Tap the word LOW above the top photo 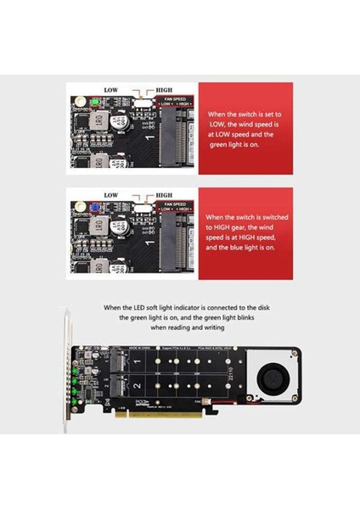[x=111, y=89]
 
